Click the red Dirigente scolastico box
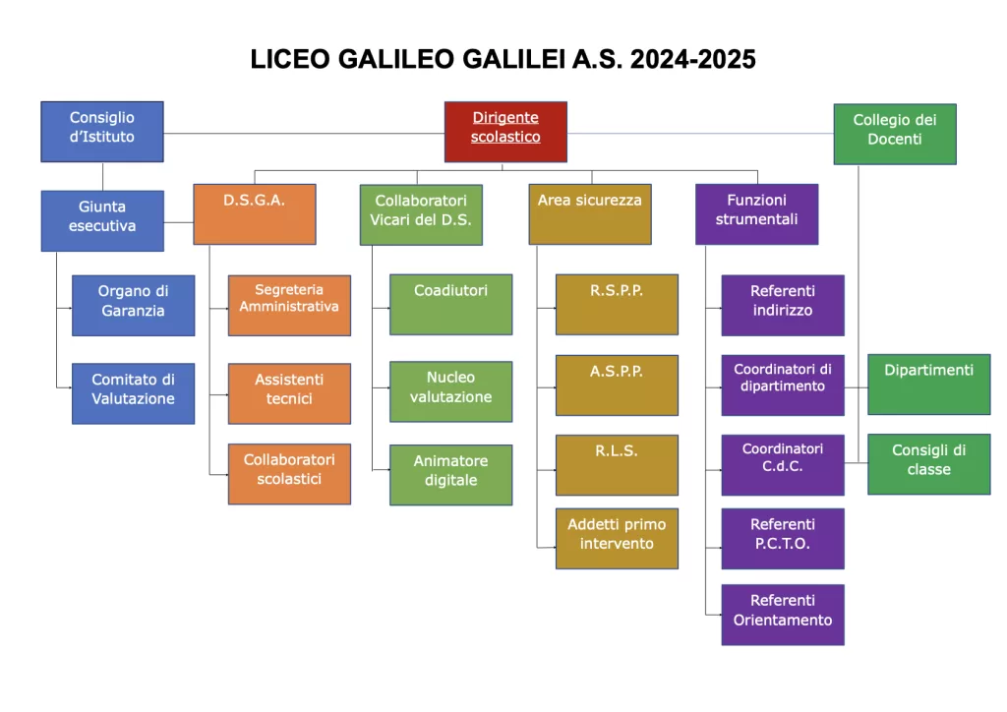[505, 132]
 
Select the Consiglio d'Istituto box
[102, 132]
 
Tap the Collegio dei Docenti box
[895, 134]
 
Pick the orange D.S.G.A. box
[255, 214]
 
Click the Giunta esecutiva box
[102, 221]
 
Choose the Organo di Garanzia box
[133, 306]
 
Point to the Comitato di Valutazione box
[133, 393]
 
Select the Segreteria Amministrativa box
[289, 306]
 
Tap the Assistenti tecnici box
[289, 393]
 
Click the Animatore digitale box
[450, 475]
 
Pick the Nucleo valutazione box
[450, 391]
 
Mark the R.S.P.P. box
[617, 304]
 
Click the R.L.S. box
[617, 465]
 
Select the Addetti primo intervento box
[617, 539]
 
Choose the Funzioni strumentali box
[756, 214]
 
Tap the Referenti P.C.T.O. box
[783, 539]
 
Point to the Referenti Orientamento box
[783, 615]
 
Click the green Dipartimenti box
[928, 384]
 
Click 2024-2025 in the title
[693, 59]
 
